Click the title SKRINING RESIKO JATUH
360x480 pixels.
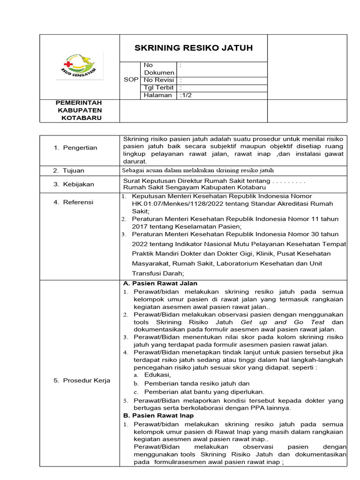point(194,48)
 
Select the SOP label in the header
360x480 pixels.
point(131,80)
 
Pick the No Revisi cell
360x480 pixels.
point(158,80)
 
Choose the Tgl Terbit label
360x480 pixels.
point(158,88)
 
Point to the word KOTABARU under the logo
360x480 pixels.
point(79,118)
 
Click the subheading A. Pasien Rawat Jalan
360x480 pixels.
point(160,284)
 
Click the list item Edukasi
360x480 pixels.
point(157,375)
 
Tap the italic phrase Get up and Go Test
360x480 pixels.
point(284,322)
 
